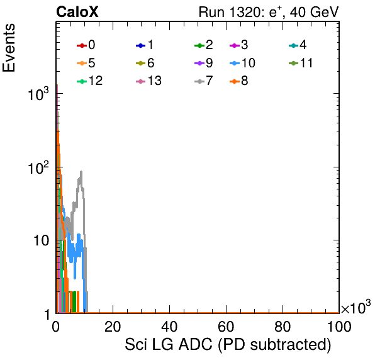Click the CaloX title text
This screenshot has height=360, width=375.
(77, 12)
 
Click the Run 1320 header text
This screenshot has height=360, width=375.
(269, 12)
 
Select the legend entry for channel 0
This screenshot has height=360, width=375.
(86, 45)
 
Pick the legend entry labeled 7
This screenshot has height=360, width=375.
(204, 81)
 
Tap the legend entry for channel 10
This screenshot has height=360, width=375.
(242, 63)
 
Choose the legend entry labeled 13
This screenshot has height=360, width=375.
(148, 81)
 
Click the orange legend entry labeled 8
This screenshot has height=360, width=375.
(238, 81)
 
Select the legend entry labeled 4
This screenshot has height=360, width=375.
(298, 45)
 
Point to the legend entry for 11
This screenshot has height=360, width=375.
(301, 63)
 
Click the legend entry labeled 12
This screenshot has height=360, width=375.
(90, 81)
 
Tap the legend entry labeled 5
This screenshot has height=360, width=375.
(86, 63)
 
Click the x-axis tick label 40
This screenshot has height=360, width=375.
(169, 327)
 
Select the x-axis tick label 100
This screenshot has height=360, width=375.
(339, 327)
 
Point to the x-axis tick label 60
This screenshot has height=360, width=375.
(226, 327)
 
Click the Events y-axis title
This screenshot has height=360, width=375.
(9, 47)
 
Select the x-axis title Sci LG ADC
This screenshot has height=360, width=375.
(228, 345)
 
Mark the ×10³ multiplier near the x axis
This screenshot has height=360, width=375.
(356, 307)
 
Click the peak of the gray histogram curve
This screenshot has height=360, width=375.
(81, 171)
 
